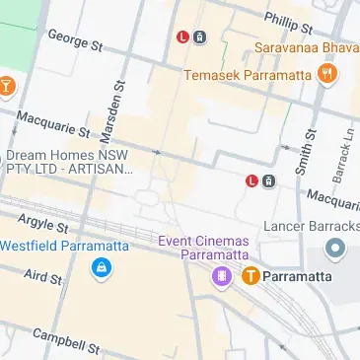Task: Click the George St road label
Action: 75,40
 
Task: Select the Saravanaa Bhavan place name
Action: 306,47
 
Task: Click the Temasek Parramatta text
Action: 248,75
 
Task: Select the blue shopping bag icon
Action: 101,267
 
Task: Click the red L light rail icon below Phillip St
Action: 181,37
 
